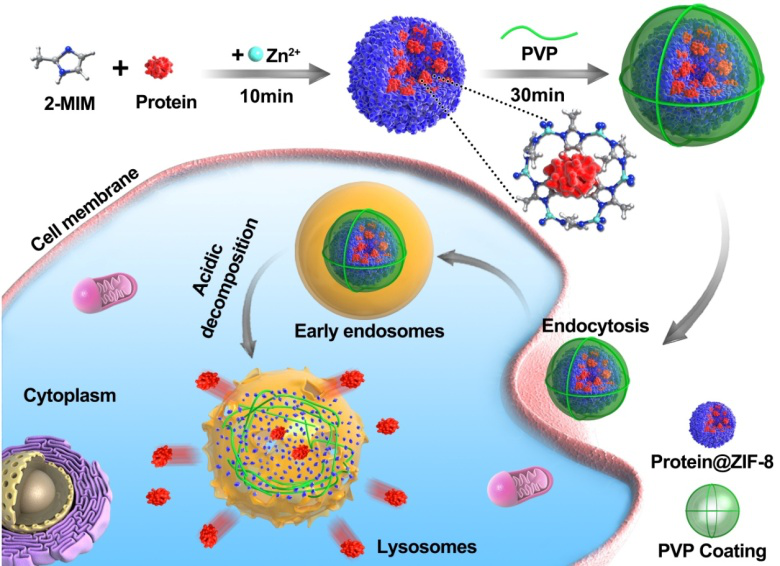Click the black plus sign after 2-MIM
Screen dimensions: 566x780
point(121,69)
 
